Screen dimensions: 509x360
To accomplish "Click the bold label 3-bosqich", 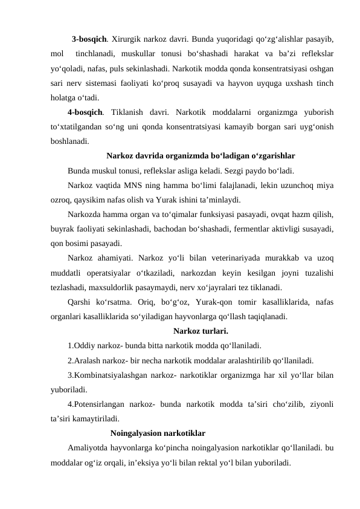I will pyautogui.click(x=89, y=39).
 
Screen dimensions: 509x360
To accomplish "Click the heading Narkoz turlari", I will pyautogui.click(x=201, y=331).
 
